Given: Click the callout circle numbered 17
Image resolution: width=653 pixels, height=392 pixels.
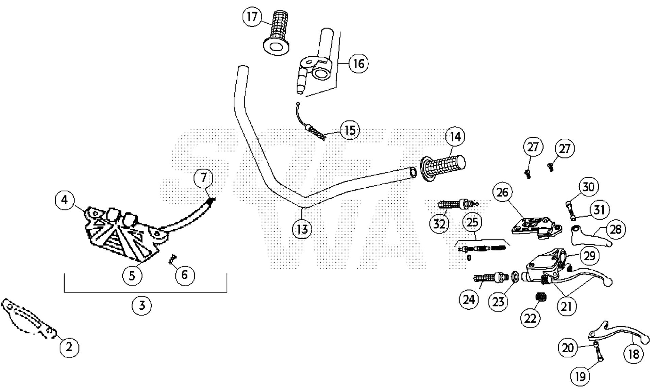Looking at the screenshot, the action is (252, 17).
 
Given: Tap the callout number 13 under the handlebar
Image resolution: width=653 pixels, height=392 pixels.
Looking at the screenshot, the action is (302, 229).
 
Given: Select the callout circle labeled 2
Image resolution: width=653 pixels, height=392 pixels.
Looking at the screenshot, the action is (69, 347).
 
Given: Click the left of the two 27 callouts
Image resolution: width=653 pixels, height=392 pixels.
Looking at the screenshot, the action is (533, 147).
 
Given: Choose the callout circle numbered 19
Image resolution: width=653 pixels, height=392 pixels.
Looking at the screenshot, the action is (581, 376).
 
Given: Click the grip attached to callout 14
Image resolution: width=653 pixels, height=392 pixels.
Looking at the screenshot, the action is (443, 167).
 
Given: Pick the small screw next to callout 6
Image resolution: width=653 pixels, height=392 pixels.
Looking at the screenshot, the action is (172, 260).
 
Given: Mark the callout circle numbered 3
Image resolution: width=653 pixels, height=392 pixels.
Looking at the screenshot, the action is (142, 305).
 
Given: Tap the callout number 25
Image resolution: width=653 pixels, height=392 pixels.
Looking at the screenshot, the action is (472, 222).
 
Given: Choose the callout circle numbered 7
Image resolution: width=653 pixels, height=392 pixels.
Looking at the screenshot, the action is (203, 177).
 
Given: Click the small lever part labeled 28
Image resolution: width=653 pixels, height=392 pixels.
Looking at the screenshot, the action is (591, 237).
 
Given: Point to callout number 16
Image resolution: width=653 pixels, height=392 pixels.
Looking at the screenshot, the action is (358, 64).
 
